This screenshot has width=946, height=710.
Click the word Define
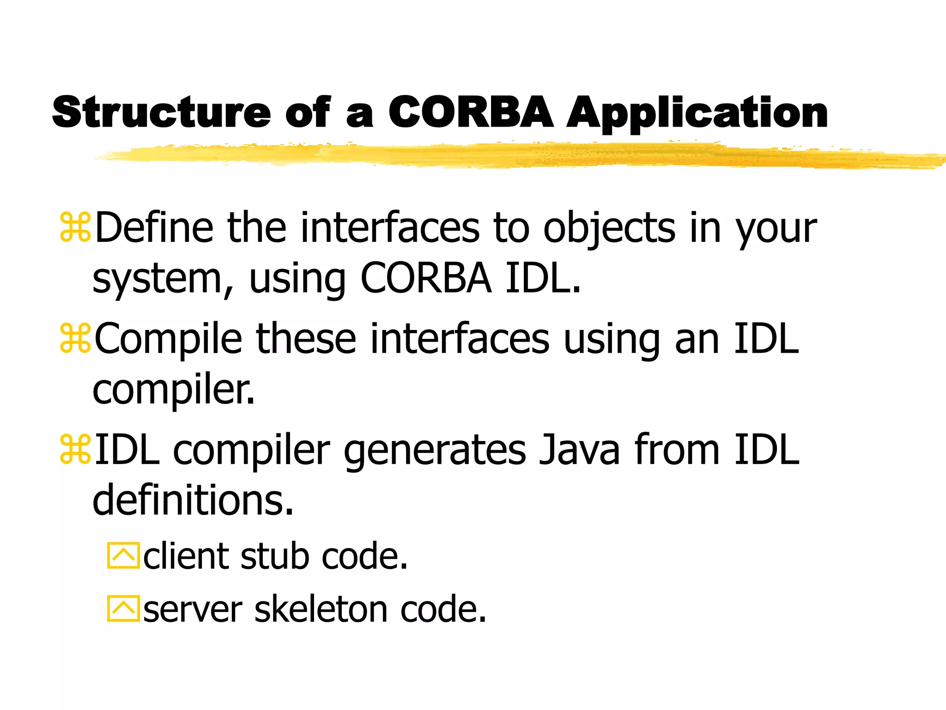[x=154, y=227]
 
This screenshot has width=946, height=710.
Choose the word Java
[x=579, y=450]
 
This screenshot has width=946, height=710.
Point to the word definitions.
[x=193, y=500]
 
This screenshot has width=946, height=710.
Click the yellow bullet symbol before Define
[x=75, y=227]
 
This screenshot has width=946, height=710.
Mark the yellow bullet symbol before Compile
[x=75, y=339]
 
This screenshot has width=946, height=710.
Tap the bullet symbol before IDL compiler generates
[x=75, y=450]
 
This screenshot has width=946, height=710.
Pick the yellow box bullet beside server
[x=123, y=608]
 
